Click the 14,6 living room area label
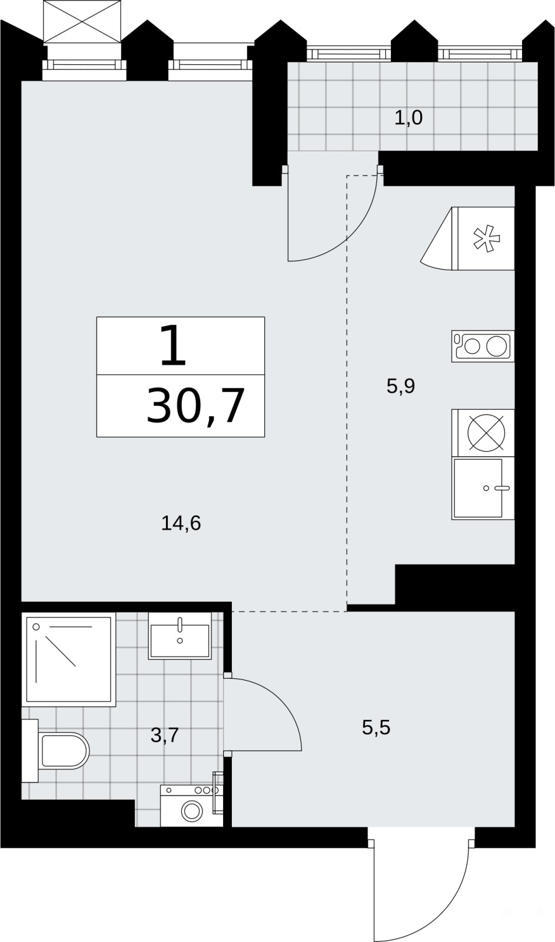click(x=181, y=523)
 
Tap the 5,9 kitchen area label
click(x=401, y=386)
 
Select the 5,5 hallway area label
click(x=376, y=728)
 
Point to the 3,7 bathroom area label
click(x=165, y=735)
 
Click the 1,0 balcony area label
click(x=408, y=118)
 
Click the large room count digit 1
click(x=174, y=346)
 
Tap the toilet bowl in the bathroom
click(x=65, y=751)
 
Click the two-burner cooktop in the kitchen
click(x=483, y=346)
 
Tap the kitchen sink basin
click(x=478, y=488)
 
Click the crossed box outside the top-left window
click(x=82, y=21)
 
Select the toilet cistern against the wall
click(x=30, y=751)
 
